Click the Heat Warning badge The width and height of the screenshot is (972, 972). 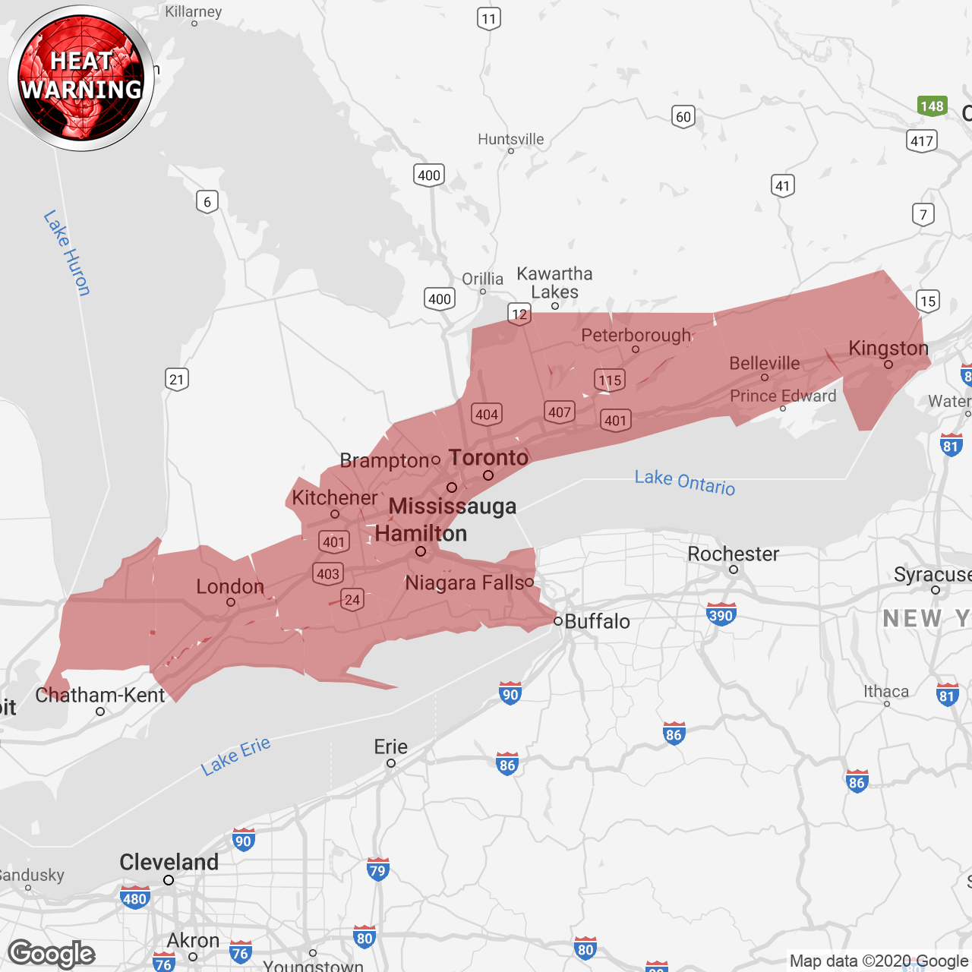pyautogui.click(x=81, y=77)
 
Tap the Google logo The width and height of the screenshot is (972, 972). pyautogui.click(x=52, y=954)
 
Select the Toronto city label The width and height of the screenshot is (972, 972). pyautogui.click(x=488, y=458)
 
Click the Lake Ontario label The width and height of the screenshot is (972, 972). pyautogui.click(x=685, y=481)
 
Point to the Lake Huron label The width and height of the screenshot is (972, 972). pyautogui.click(x=67, y=252)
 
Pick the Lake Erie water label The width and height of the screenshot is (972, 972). pyautogui.click(x=235, y=756)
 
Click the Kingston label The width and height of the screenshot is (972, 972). pyautogui.click(x=888, y=349)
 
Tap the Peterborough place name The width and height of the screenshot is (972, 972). pyautogui.click(x=636, y=336)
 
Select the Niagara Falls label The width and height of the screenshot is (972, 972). pyautogui.click(x=465, y=583)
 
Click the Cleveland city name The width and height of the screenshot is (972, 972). pyautogui.click(x=169, y=863)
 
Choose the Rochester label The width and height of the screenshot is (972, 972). pyautogui.click(x=733, y=554)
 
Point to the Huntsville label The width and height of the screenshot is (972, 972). pyautogui.click(x=511, y=139)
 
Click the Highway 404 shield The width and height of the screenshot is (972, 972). pyautogui.click(x=486, y=414)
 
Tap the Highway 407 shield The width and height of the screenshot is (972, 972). pyautogui.click(x=560, y=412)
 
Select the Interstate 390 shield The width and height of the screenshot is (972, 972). pyautogui.click(x=721, y=615)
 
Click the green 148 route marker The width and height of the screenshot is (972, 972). pyautogui.click(x=932, y=106)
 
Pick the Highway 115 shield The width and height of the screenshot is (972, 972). pyautogui.click(x=610, y=380)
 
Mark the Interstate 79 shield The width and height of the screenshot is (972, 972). pyautogui.click(x=377, y=869)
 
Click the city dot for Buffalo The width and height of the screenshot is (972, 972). pyautogui.click(x=558, y=621)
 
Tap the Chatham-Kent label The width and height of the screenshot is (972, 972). pyautogui.click(x=100, y=695)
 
